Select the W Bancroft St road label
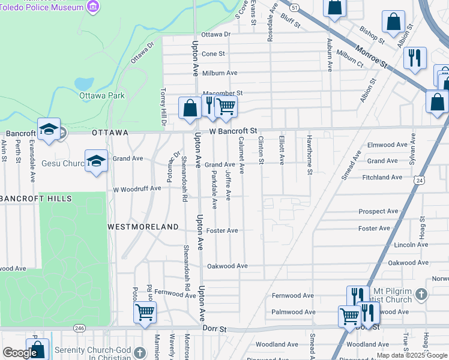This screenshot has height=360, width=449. click(233, 130)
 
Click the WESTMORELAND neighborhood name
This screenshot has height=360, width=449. click(143, 227)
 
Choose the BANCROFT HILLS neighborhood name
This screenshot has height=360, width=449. click(36, 199)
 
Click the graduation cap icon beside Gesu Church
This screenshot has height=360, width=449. click(96, 161)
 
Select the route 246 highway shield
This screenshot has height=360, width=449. click(79, 328)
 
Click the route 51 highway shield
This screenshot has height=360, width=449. click(294, 8)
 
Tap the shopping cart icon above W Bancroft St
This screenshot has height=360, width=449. click(226, 106)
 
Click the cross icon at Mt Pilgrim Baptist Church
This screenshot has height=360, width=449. click(421, 295)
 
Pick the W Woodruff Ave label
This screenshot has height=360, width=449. click(138, 188)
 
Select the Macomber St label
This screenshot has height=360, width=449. click(222, 94)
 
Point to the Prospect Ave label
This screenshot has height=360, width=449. click(378, 212)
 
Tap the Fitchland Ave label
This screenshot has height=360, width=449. click(382, 178)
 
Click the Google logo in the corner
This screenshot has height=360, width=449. click(20, 353)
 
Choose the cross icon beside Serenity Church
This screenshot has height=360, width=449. click(140, 352)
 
